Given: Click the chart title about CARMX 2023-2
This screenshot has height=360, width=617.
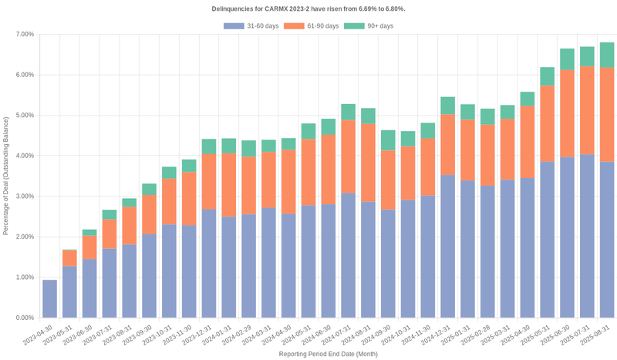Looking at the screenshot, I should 308,8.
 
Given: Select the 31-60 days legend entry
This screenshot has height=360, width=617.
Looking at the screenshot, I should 251,26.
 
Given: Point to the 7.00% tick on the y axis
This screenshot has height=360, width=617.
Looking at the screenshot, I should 24,35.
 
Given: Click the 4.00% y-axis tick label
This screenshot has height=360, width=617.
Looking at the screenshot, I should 24,156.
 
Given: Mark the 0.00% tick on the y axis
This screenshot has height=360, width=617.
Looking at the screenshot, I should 24,318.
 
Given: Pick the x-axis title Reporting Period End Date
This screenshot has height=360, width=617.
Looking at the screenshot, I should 328,354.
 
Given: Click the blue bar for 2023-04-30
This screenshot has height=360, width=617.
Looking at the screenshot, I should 49,298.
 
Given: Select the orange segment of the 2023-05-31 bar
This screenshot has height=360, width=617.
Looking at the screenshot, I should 69,258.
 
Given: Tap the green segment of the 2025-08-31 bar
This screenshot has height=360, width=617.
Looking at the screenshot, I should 607,55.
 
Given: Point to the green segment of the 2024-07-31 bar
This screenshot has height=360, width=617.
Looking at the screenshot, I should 348,112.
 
